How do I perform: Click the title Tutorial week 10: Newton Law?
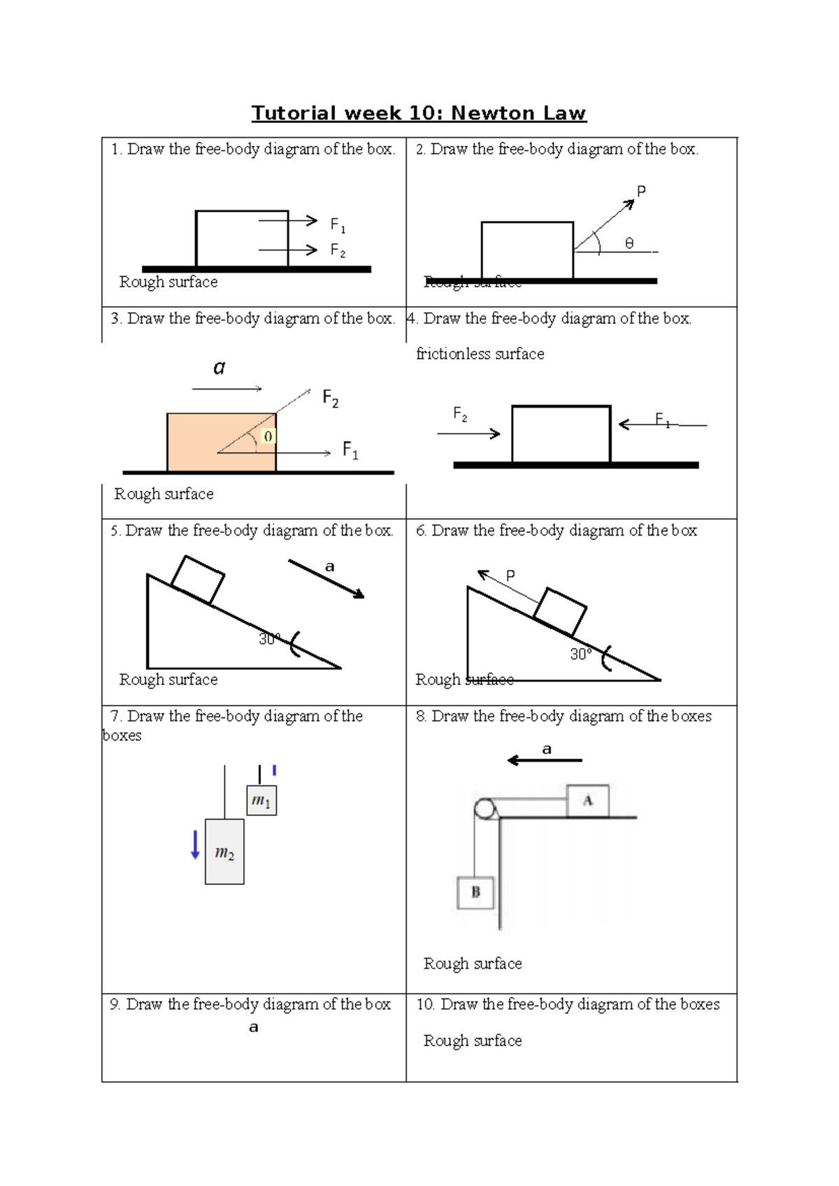pyautogui.click(x=419, y=113)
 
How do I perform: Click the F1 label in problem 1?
pyautogui.click(x=338, y=224)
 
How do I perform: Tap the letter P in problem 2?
pyautogui.click(x=641, y=191)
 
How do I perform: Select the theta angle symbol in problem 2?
pyautogui.click(x=629, y=243)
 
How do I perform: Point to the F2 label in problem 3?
pyautogui.click(x=330, y=399)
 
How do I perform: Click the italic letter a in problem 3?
pyautogui.click(x=220, y=368)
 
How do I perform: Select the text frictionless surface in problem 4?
pyautogui.click(x=480, y=354)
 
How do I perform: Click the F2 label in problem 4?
pyautogui.click(x=459, y=414)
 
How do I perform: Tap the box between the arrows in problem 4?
pyautogui.click(x=561, y=434)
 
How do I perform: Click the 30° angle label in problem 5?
pyautogui.click(x=268, y=639)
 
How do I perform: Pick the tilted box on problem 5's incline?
pyautogui.click(x=198, y=580)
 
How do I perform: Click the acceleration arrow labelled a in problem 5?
pyautogui.click(x=327, y=579)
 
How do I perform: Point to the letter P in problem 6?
pyautogui.click(x=510, y=576)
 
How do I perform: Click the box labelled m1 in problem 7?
pyautogui.click(x=261, y=801)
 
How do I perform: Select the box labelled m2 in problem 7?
pyautogui.click(x=224, y=852)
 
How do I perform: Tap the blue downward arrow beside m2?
pyautogui.click(x=195, y=845)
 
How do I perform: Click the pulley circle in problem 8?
pyautogui.click(x=484, y=809)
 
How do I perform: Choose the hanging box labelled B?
pyautogui.click(x=475, y=892)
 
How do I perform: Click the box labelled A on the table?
pyautogui.click(x=587, y=801)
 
